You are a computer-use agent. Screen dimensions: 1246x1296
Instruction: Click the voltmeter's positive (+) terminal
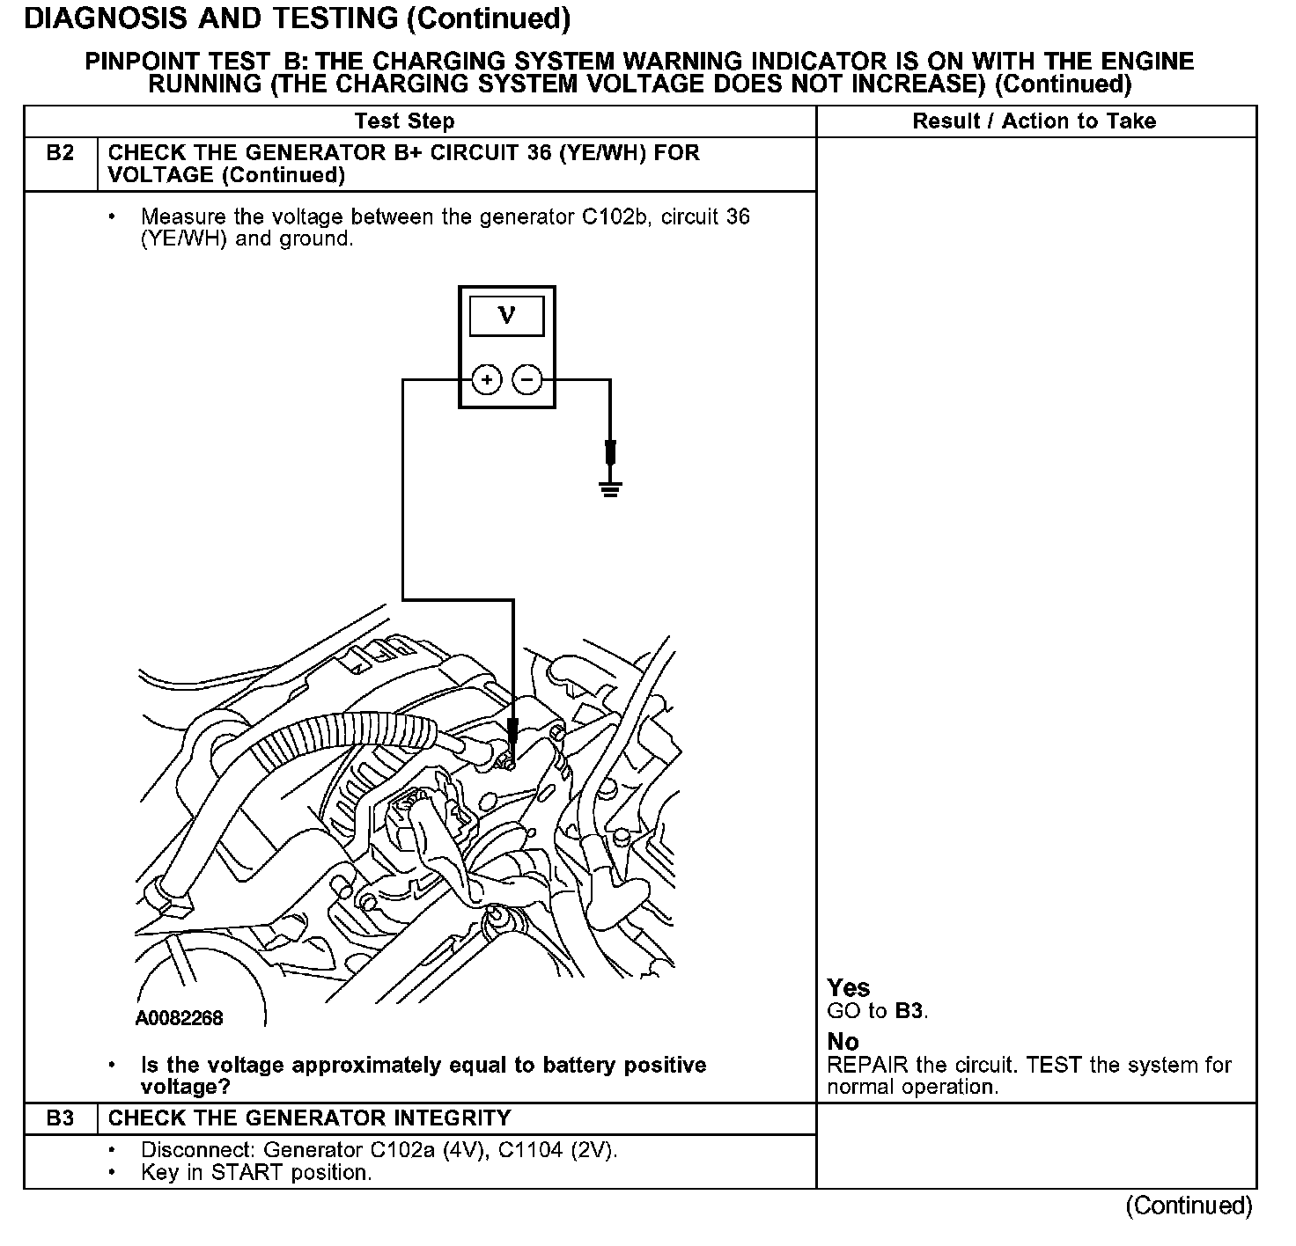(487, 380)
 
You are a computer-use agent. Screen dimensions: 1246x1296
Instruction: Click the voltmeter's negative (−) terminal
(526, 380)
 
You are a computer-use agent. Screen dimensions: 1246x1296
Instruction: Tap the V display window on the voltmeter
(506, 316)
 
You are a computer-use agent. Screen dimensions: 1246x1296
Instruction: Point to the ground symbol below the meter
(610, 487)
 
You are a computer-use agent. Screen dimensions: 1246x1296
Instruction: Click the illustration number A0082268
(180, 1018)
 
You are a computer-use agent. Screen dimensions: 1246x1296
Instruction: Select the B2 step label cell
(60, 154)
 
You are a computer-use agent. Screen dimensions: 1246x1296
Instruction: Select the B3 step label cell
(60, 1118)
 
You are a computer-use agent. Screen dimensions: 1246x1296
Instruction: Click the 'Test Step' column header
(404, 121)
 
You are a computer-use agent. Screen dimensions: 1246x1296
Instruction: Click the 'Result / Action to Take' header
(1035, 121)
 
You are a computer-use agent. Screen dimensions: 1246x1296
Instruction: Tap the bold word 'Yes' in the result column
(849, 988)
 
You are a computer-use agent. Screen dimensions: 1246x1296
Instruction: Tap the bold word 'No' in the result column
(843, 1043)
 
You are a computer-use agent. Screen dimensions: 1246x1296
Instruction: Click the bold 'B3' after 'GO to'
(909, 1011)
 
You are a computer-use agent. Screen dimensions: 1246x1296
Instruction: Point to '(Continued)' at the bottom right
(1189, 1206)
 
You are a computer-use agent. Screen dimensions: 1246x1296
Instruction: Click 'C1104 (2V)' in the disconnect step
(557, 1150)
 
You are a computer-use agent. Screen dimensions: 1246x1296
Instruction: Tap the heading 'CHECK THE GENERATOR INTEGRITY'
(309, 1118)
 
